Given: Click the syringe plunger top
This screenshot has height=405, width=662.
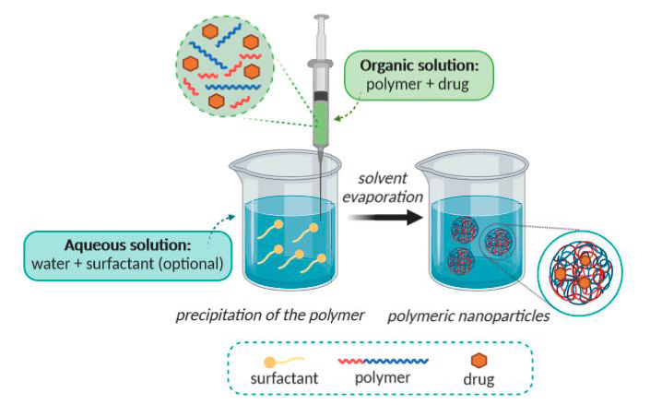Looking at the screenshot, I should (321, 17).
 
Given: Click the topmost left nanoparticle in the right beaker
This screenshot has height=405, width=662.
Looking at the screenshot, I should (462, 229).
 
